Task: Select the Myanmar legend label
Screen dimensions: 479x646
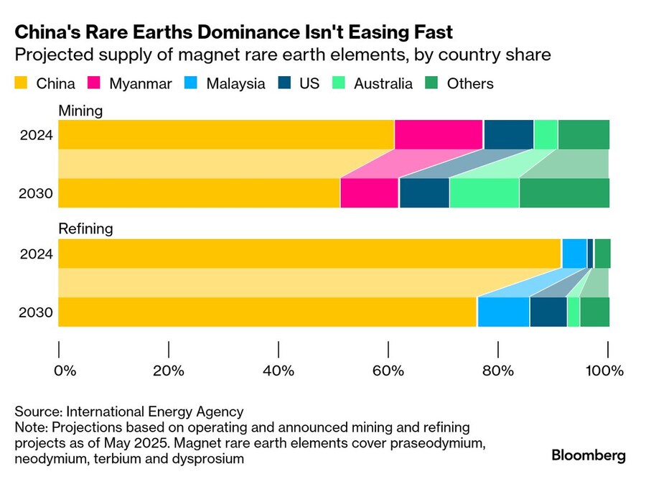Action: [141, 83]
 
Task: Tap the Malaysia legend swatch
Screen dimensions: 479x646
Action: [192, 83]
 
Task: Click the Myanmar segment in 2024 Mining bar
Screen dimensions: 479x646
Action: [439, 134]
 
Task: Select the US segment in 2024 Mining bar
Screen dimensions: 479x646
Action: [509, 134]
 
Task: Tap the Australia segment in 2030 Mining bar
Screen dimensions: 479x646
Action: [484, 192]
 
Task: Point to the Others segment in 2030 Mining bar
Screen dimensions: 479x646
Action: [564, 192]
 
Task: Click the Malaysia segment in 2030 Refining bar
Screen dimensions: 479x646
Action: [503, 312]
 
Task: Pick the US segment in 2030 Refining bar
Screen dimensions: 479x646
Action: [548, 312]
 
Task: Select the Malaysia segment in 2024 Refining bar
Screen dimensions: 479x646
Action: [574, 253]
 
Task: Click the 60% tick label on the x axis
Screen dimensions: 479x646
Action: [388, 371]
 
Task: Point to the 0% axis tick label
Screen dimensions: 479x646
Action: [65, 371]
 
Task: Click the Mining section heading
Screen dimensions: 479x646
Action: [80, 111]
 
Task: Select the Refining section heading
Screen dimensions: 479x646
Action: [85, 229]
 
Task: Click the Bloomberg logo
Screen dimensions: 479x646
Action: [588, 455]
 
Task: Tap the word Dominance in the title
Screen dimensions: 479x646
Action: [208, 32]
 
